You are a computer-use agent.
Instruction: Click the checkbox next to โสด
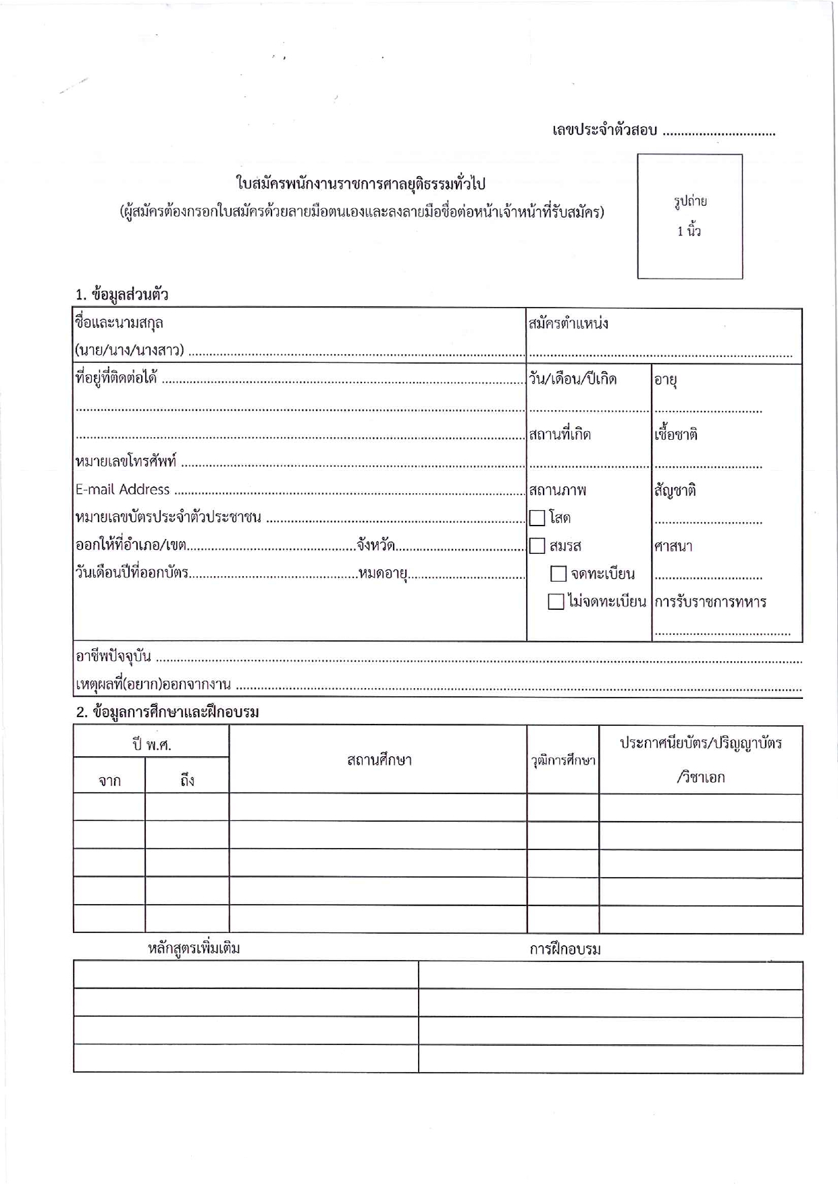(x=538, y=518)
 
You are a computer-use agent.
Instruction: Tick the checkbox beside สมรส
(x=538, y=546)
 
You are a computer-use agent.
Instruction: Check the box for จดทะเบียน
(x=558, y=574)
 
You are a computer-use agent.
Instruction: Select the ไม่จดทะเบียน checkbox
(x=556, y=602)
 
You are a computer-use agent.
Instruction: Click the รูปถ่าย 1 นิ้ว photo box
(x=689, y=216)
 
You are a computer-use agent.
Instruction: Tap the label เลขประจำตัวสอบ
(x=604, y=130)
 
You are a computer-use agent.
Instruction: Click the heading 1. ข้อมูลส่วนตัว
(x=122, y=295)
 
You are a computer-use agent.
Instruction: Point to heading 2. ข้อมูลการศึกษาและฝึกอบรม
(x=167, y=712)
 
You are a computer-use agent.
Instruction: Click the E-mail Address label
(x=122, y=490)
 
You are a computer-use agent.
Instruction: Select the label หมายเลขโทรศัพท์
(x=126, y=462)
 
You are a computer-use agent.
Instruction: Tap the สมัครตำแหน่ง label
(x=569, y=323)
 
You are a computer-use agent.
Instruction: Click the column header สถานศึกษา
(x=379, y=760)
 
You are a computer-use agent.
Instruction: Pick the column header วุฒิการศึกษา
(x=563, y=761)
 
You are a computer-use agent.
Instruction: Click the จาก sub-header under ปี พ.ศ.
(x=109, y=781)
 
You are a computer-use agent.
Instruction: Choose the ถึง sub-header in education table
(x=187, y=781)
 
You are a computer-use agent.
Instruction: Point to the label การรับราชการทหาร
(x=710, y=602)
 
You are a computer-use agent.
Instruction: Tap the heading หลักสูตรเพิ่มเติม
(x=194, y=949)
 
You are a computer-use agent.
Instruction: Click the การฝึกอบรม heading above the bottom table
(x=565, y=949)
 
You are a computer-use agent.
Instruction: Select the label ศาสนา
(x=673, y=546)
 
